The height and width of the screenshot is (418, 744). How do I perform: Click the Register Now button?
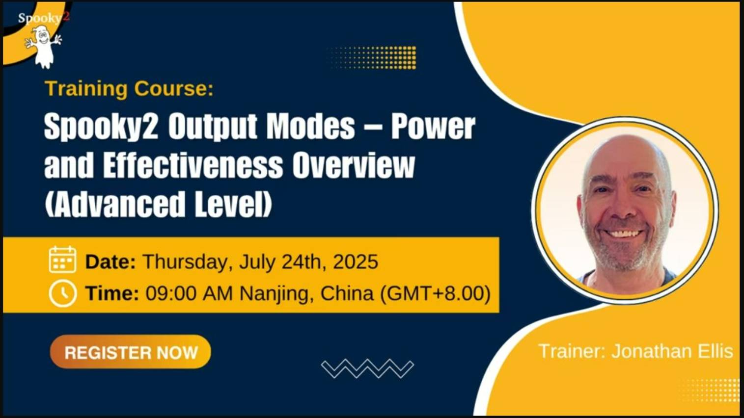point(131,352)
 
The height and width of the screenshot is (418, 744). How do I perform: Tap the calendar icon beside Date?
point(62,260)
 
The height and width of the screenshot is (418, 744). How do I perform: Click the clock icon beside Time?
point(62,293)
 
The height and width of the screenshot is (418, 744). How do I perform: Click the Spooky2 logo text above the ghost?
point(43,18)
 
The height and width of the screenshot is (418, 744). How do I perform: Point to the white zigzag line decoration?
point(367,368)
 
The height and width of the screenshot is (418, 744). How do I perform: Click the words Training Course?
point(129,89)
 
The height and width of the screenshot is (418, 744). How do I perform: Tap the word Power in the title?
point(433,127)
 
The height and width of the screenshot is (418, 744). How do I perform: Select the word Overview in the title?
point(354,166)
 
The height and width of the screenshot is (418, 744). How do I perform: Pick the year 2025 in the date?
point(356,261)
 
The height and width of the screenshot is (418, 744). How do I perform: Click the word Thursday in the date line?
point(185,261)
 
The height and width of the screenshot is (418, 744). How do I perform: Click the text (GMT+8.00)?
point(435,293)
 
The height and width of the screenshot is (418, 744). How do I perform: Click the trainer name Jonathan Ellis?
point(672,351)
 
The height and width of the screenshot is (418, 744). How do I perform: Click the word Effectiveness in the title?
point(193,166)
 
